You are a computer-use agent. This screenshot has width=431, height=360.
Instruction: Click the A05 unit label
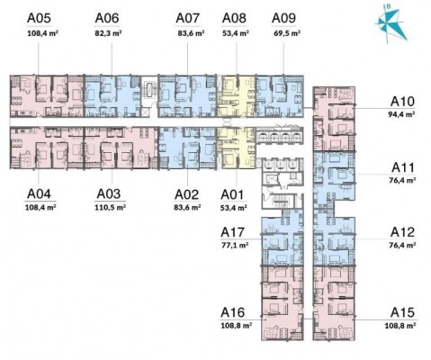pyautogui.click(x=39, y=18)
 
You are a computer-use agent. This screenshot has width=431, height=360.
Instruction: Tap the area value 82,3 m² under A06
pyautogui.click(x=108, y=33)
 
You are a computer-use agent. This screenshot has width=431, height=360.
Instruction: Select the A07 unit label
pyautogui.click(x=188, y=18)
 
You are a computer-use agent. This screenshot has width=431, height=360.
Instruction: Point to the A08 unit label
pyautogui.click(x=234, y=18)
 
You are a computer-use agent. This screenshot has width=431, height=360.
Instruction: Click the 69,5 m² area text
pyautogui.click(x=287, y=33)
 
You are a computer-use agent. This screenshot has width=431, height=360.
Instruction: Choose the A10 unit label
pyautogui.click(x=402, y=102)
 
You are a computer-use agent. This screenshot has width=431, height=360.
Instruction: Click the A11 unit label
pyautogui.click(x=403, y=167)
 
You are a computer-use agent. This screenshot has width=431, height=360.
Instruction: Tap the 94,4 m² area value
pyautogui.click(x=402, y=114)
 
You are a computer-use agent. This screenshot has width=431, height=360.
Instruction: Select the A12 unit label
pyautogui.click(x=402, y=232)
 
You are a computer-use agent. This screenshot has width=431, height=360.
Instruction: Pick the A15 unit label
pyautogui.click(x=402, y=312)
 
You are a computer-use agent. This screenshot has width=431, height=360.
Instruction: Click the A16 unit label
pyautogui.click(x=233, y=312)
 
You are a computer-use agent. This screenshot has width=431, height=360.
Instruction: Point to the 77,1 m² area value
pyautogui.click(x=235, y=245)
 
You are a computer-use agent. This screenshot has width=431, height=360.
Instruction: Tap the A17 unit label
pyautogui.click(x=233, y=232)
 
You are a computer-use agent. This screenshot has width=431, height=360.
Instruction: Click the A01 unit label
pyautogui.click(x=232, y=194)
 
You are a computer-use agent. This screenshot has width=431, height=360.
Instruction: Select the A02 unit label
pyautogui.click(x=187, y=194)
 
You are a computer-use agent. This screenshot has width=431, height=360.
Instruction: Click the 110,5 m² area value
pyautogui.click(x=110, y=207)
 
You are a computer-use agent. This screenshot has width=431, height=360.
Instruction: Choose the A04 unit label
pyautogui.click(x=39, y=194)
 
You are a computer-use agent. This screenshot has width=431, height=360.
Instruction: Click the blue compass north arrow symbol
pyautogui.click(x=391, y=24)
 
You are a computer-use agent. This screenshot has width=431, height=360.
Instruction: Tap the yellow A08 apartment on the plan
pyautogui.click(x=236, y=96)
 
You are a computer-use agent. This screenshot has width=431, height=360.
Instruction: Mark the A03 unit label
pyautogui.click(x=109, y=194)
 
